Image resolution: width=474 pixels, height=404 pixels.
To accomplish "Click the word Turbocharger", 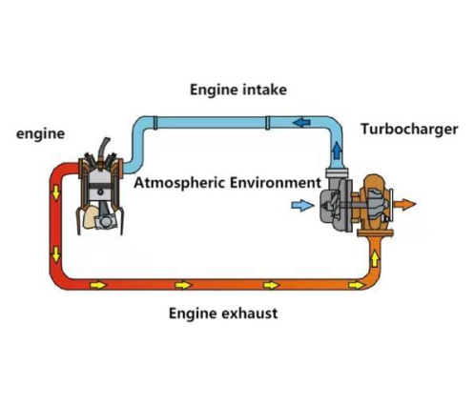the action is pyautogui.click(x=409, y=130).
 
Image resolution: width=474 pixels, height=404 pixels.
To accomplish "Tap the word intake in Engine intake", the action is pyautogui.click(x=264, y=90).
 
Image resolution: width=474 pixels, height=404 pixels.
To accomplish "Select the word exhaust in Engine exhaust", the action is pyautogui.click(x=249, y=313).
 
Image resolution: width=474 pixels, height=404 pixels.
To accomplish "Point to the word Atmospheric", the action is pyautogui.click(x=179, y=183).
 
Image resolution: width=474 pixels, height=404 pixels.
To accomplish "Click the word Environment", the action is pyautogui.click(x=276, y=183).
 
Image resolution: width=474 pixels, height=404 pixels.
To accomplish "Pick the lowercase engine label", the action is pyautogui.click(x=40, y=134).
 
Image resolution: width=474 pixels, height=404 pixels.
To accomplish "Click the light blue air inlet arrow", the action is pyautogui.click(x=302, y=206).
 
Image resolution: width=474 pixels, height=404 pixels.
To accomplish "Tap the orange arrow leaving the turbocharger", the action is pyautogui.click(x=404, y=204).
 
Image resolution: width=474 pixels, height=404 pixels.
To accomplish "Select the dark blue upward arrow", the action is pyautogui.click(x=337, y=151).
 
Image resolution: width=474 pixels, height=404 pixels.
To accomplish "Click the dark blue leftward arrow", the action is pyautogui.click(x=301, y=122).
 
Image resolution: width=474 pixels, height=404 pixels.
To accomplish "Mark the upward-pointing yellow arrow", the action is pyautogui.click(x=375, y=258).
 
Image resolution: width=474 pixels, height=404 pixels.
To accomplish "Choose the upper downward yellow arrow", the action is pyautogui.click(x=56, y=192).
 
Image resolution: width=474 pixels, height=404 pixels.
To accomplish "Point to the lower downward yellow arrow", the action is pyautogui.click(x=56, y=254).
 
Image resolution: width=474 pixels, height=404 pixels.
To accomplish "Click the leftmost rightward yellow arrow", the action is pyautogui.click(x=98, y=285).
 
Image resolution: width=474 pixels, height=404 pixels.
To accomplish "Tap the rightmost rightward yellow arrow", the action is pyautogui.click(x=357, y=285).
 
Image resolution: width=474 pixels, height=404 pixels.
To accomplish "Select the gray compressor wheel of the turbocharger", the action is pyautogui.click(x=330, y=206).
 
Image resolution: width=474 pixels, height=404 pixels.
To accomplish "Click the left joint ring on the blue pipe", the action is pyautogui.click(x=155, y=123).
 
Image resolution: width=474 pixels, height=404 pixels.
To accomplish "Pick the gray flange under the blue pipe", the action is pyautogui.click(x=337, y=173).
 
